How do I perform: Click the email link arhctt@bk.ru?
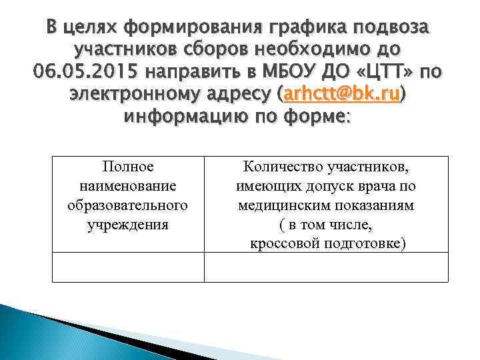point(341,95)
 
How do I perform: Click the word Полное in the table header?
point(127,166)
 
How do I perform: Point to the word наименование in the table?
point(127,185)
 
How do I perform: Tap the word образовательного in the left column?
point(127,205)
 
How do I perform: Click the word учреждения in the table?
point(127,224)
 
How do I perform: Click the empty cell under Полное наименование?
point(127,267)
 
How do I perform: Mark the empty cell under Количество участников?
point(326,267)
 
